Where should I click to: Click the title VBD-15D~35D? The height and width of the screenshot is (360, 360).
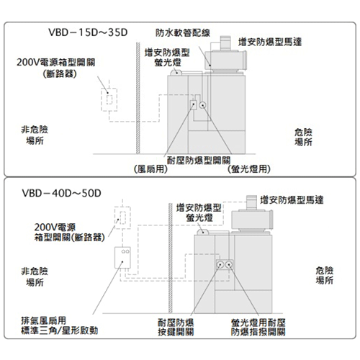(88, 32)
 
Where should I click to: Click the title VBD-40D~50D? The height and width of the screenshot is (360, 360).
(61, 193)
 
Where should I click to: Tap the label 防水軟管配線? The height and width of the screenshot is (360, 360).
(183, 33)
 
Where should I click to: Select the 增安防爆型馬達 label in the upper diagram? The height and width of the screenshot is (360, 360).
(270, 42)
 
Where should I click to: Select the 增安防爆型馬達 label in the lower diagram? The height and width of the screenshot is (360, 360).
(292, 200)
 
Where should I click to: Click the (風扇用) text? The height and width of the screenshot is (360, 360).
(150, 169)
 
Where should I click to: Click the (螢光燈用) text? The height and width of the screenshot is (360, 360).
(249, 169)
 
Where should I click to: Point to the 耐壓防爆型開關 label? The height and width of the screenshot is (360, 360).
(199, 161)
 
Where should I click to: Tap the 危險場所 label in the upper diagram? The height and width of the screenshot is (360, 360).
(303, 137)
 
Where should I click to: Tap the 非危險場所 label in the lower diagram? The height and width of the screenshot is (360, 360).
(35, 276)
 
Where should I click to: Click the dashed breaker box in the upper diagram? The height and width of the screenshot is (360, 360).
(109, 99)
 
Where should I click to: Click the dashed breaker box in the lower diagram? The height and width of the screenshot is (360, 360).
(122, 217)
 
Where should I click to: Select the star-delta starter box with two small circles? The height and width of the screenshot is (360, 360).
(122, 258)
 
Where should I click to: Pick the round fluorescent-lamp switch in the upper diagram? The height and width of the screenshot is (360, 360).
(203, 105)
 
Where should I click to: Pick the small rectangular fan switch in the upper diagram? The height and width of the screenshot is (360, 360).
(194, 105)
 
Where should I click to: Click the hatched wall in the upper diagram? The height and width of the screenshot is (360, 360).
(138, 98)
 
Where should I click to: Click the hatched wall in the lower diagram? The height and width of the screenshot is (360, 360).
(171, 258)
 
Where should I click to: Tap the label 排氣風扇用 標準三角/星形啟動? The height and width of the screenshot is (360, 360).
(60, 325)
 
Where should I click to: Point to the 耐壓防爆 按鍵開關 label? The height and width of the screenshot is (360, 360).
(176, 328)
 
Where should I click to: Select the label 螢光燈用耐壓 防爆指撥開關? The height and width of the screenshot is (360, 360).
(258, 328)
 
